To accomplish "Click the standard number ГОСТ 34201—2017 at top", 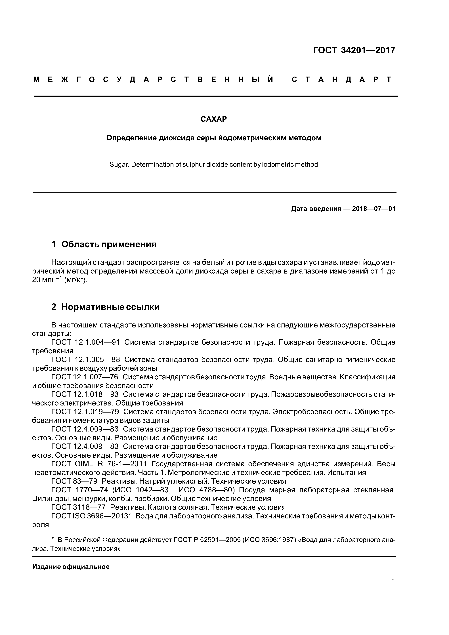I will (x=354, y=50).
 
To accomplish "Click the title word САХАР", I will (x=214, y=119).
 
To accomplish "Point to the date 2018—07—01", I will (x=374, y=209).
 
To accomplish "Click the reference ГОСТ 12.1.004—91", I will (x=85, y=342).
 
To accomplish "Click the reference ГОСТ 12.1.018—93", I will (x=85, y=394).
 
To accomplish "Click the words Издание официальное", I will (x=71, y=567).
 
